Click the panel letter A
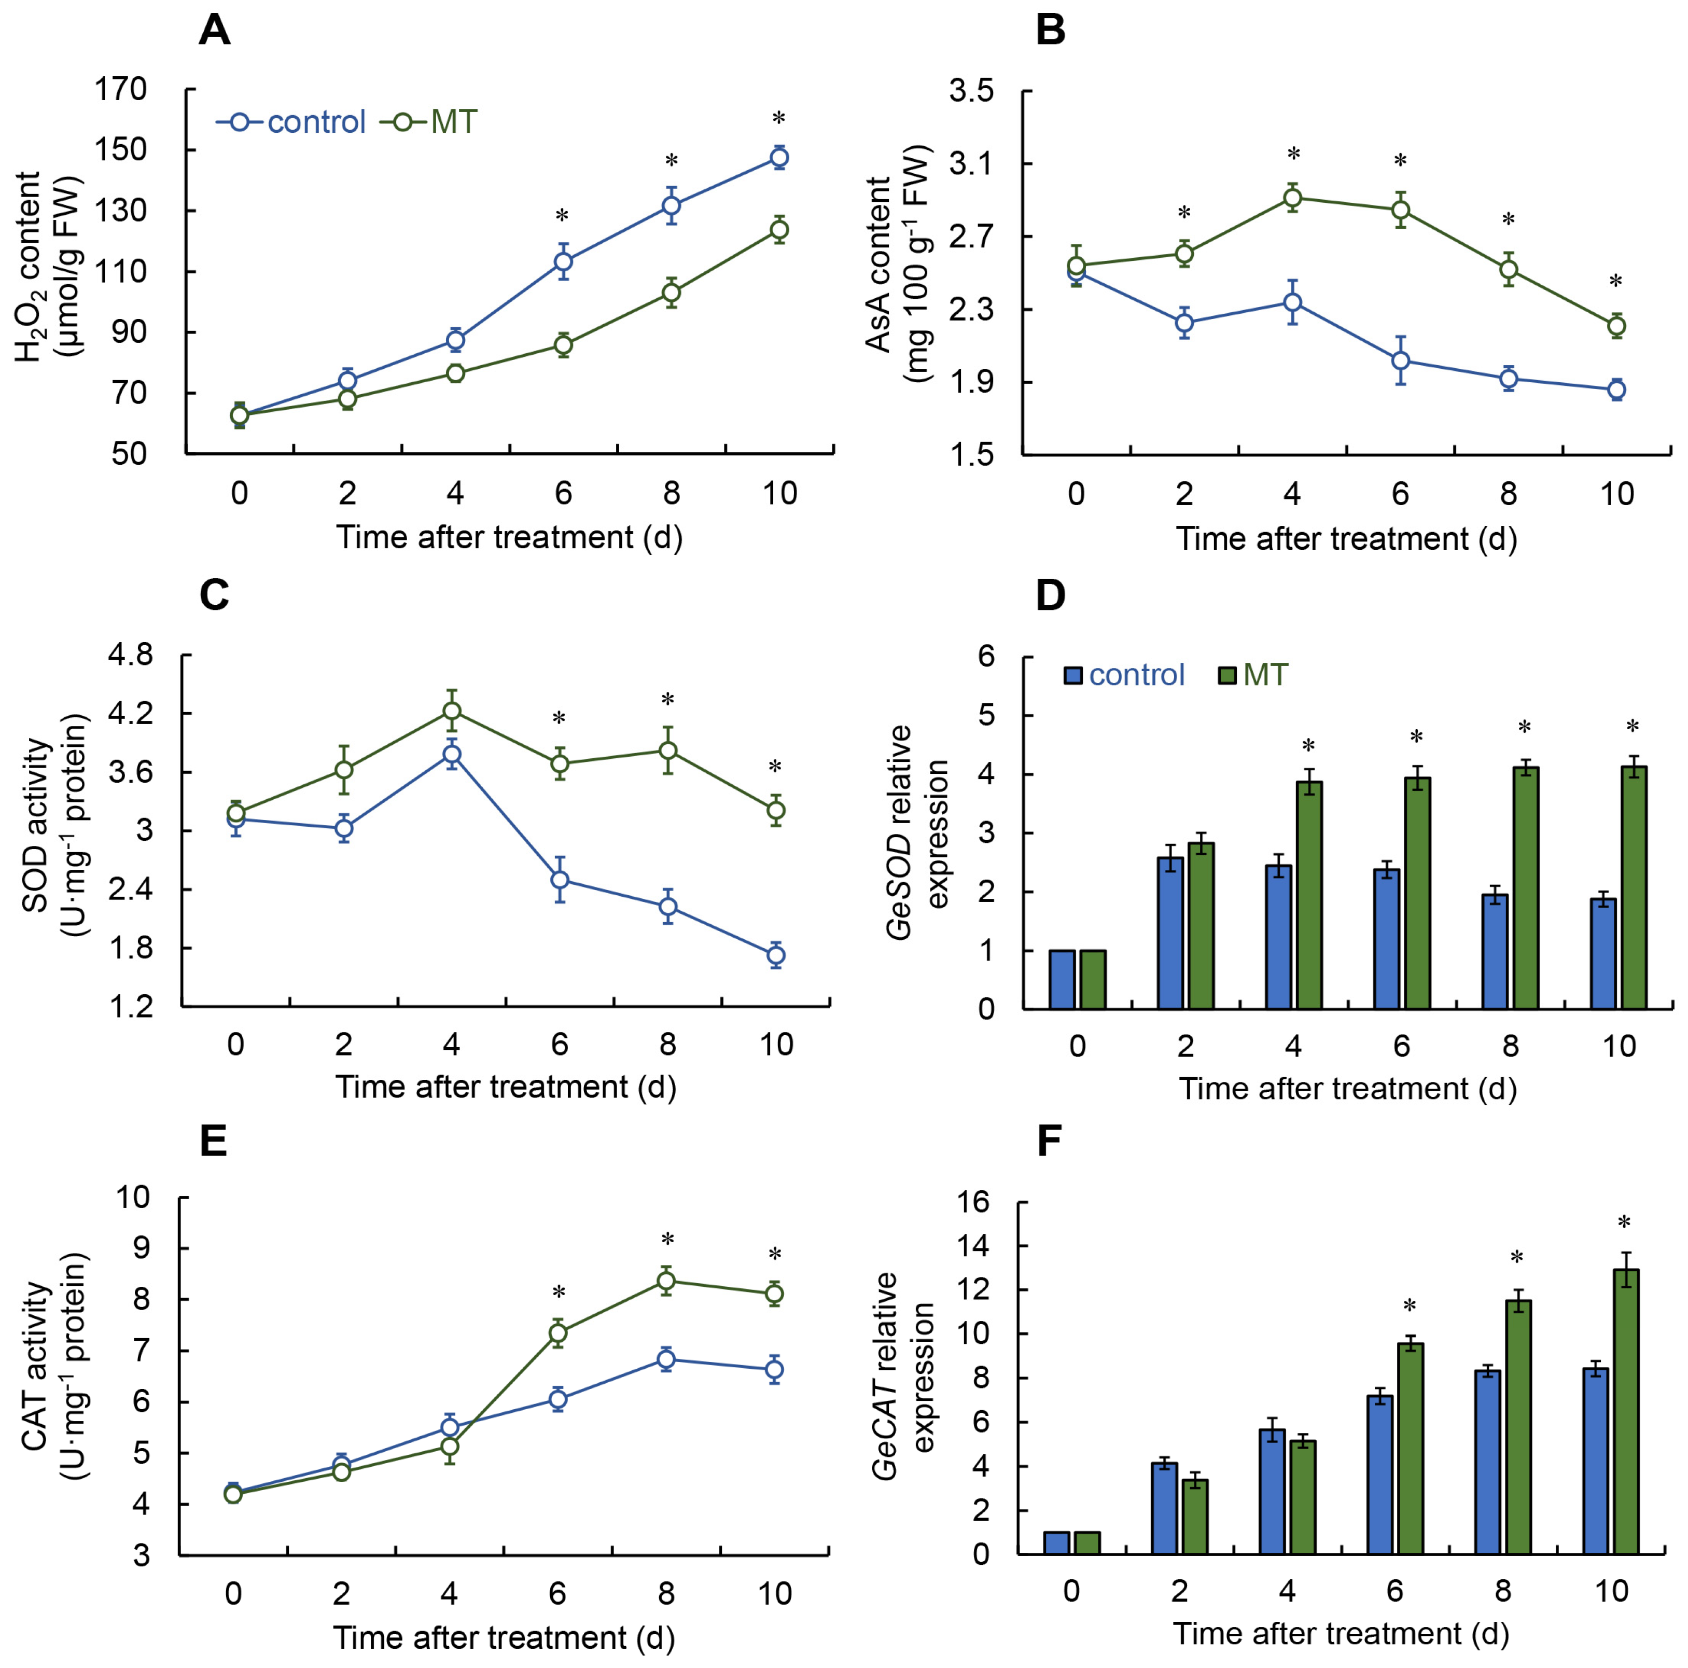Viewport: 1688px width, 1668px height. (215, 32)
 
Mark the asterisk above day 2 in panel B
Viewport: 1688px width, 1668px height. (1184, 213)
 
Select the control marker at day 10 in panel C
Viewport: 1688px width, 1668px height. (775, 955)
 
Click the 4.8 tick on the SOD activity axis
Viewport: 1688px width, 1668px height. (129, 655)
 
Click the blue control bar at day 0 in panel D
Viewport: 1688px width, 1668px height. (1062, 979)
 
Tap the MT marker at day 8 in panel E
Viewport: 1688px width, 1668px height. (666, 1281)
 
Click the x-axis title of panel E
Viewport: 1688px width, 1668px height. (504, 1636)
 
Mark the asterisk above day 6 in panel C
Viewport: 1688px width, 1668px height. (559, 718)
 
